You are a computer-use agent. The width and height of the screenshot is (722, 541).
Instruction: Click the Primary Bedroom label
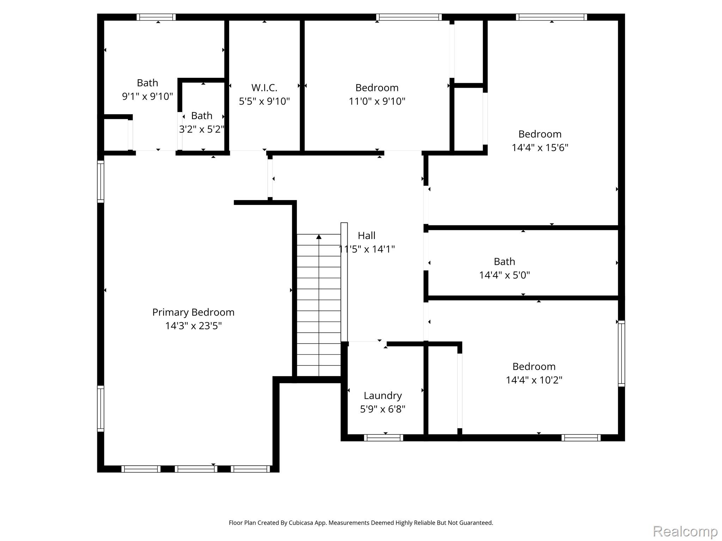[193, 312]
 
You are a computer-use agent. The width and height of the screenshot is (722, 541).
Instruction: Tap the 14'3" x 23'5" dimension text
[193, 326]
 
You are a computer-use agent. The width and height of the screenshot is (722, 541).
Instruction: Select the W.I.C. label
[264, 87]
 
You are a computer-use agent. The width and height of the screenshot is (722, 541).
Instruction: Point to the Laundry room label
[383, 396]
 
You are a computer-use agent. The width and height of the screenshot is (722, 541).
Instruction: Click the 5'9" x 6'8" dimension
[383, 409]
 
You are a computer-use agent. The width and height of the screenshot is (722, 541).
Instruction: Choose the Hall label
[367, 235]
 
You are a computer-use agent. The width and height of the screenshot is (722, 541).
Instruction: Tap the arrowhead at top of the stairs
[319, 237]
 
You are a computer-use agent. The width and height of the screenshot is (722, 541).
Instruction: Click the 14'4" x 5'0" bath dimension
[504, 275]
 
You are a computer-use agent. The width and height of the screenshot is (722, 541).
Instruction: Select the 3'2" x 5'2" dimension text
[202, 129]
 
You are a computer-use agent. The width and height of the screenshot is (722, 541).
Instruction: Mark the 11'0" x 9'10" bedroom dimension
[377, 101]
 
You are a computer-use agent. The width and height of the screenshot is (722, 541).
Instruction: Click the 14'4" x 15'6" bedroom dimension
[540, 148]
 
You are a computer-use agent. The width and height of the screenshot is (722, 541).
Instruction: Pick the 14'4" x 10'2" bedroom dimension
[534, 380]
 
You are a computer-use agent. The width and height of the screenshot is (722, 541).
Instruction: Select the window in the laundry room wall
[384, 438]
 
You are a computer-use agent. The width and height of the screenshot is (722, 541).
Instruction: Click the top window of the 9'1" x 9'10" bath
[156, 17]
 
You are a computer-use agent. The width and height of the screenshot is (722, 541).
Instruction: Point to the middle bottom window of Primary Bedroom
[196, 469]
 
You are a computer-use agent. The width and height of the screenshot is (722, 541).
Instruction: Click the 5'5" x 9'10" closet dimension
[264, 101]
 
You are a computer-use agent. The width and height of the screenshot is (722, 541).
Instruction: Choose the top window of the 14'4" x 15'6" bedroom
[551, 17]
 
